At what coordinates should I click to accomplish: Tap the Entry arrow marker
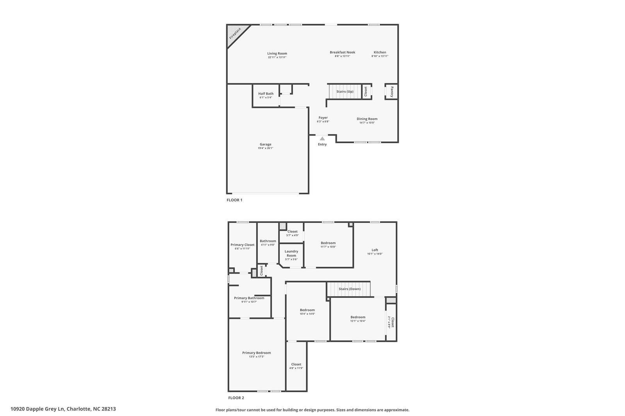322,138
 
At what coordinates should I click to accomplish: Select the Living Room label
277,53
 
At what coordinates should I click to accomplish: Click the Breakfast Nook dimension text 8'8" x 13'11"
342,56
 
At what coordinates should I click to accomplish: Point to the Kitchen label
380,52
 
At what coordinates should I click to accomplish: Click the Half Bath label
266,94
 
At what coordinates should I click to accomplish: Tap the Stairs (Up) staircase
345,91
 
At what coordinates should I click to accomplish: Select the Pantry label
392,92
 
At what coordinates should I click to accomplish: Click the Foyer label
323,118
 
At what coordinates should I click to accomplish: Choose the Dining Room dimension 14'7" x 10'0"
367,123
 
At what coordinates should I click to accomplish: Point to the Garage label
265,144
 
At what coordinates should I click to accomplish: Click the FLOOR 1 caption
234,200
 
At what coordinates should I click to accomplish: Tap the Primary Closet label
242,245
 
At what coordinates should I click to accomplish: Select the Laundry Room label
291,253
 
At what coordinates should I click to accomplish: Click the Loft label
375,250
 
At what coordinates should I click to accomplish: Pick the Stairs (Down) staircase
349,289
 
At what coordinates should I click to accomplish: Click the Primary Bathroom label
249,298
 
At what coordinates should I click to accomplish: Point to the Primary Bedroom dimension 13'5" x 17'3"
256,357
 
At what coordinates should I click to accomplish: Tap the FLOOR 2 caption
236,398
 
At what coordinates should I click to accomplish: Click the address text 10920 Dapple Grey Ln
37,409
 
